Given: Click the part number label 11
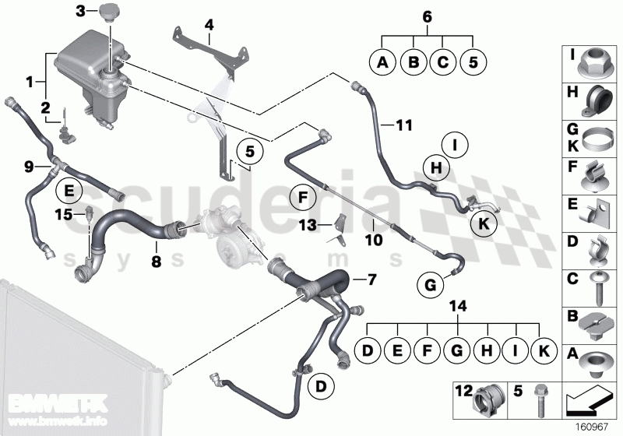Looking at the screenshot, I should pyautogui.click(x=404, y=124).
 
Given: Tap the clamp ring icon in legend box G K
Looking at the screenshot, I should pyautogui.click(x=596, y=142).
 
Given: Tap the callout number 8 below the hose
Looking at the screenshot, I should pyautogui.click(x=156, y=262).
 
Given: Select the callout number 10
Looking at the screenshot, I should pyautogui.click(x=374, y=242).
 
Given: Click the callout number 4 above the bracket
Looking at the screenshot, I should pyautogui.click(x=209, y=24).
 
